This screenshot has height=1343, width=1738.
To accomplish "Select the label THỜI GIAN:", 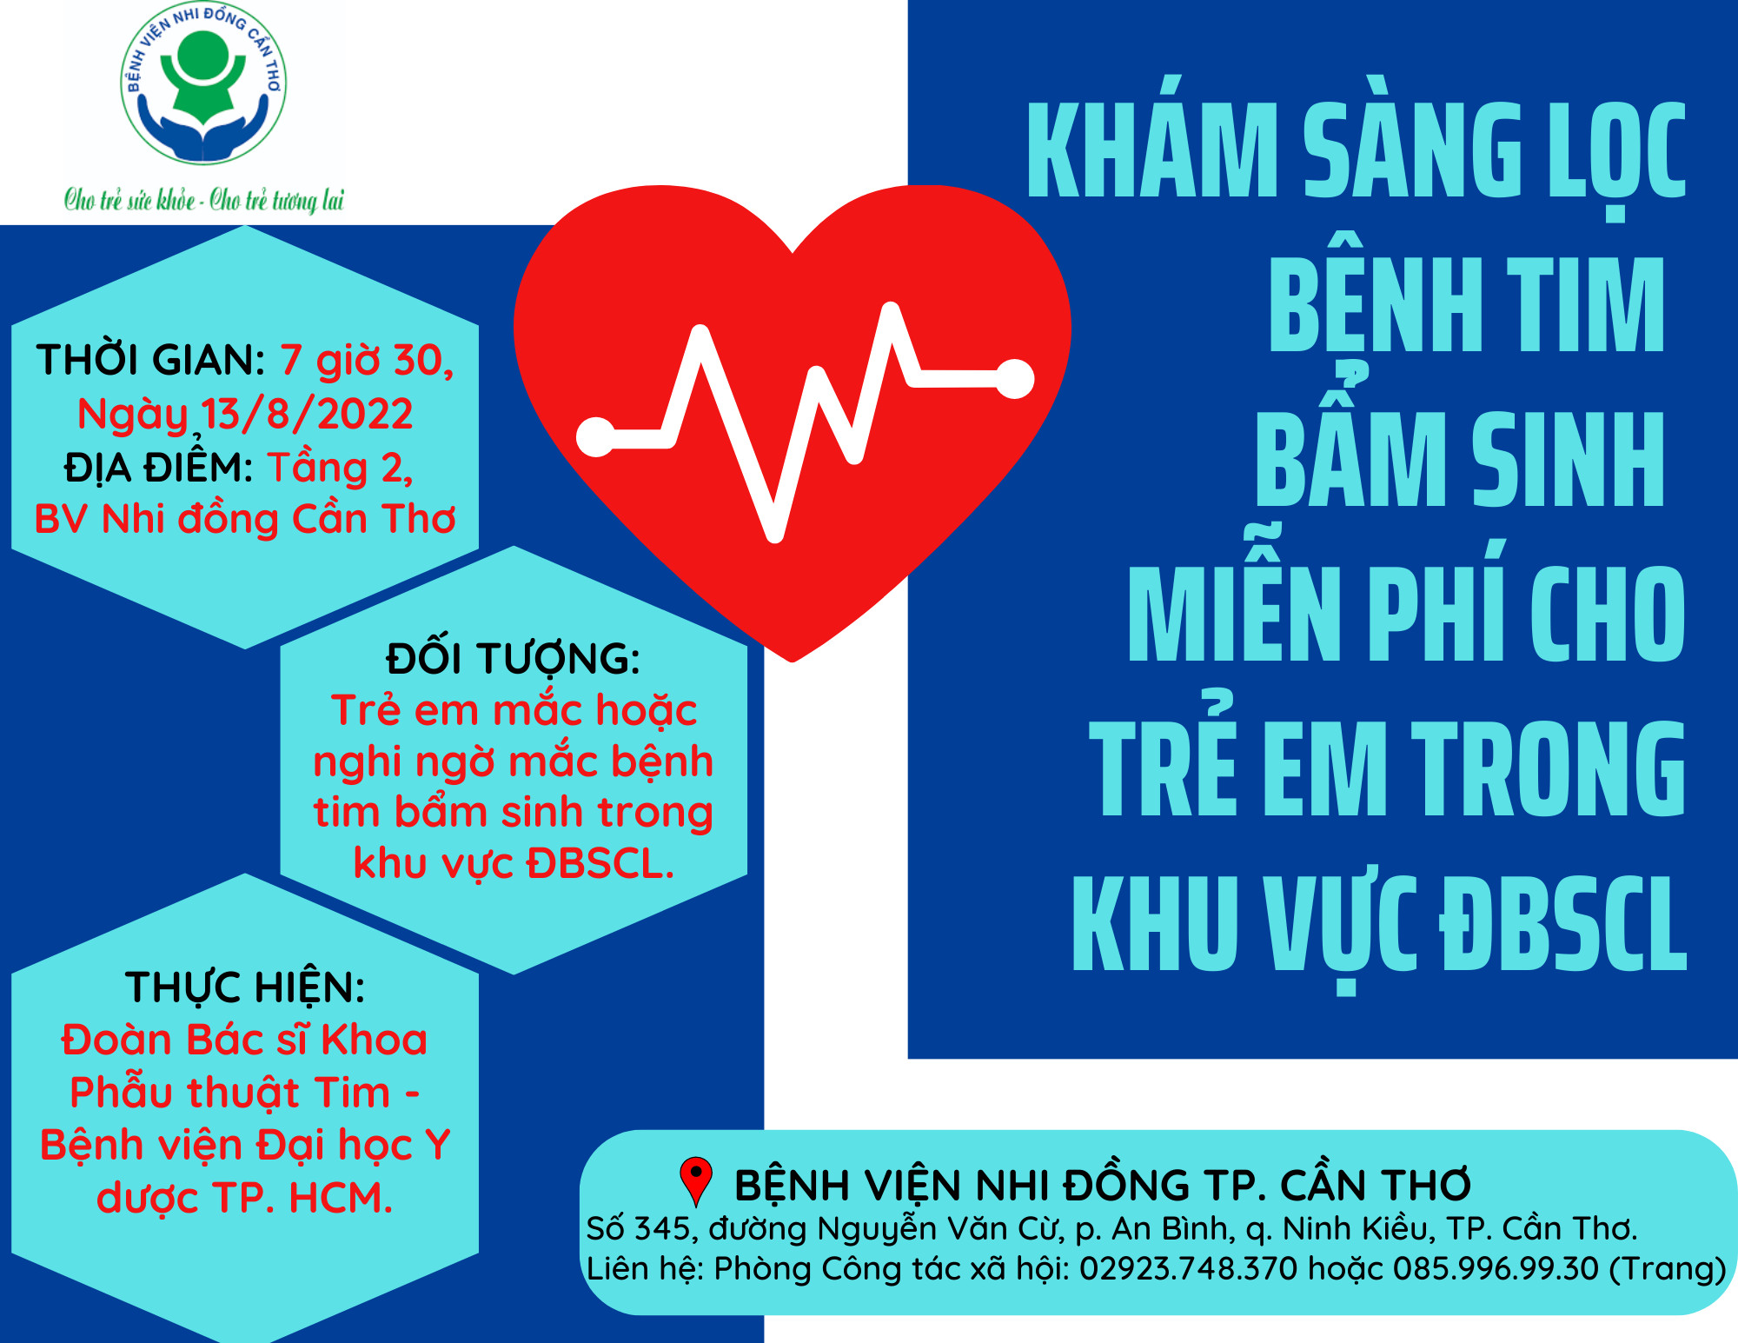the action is (150, 360).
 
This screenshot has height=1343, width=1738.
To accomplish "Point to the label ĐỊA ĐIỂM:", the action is (158, 468).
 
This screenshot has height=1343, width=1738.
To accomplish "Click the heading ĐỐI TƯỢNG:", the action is (513, 658).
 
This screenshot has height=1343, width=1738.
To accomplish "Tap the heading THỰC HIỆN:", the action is (245, 987).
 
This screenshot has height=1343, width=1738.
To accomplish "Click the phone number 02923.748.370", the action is (1188, 1268).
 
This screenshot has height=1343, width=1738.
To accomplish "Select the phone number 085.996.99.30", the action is (1496, 1268).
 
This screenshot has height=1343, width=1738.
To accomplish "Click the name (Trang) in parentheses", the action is (1667, 1269).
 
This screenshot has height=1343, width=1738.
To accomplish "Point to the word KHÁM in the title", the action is (1152, 150).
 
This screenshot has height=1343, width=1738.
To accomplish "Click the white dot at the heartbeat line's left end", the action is (596, 436).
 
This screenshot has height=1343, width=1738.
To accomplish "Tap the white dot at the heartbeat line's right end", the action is (1014, 378).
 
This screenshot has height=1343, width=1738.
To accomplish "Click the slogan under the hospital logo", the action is (204, 200).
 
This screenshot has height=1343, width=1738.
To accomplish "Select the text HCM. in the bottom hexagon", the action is (341, 1197).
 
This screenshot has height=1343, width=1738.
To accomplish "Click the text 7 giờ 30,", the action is (367, 361).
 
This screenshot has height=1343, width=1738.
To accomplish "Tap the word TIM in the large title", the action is (1586, 306).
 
